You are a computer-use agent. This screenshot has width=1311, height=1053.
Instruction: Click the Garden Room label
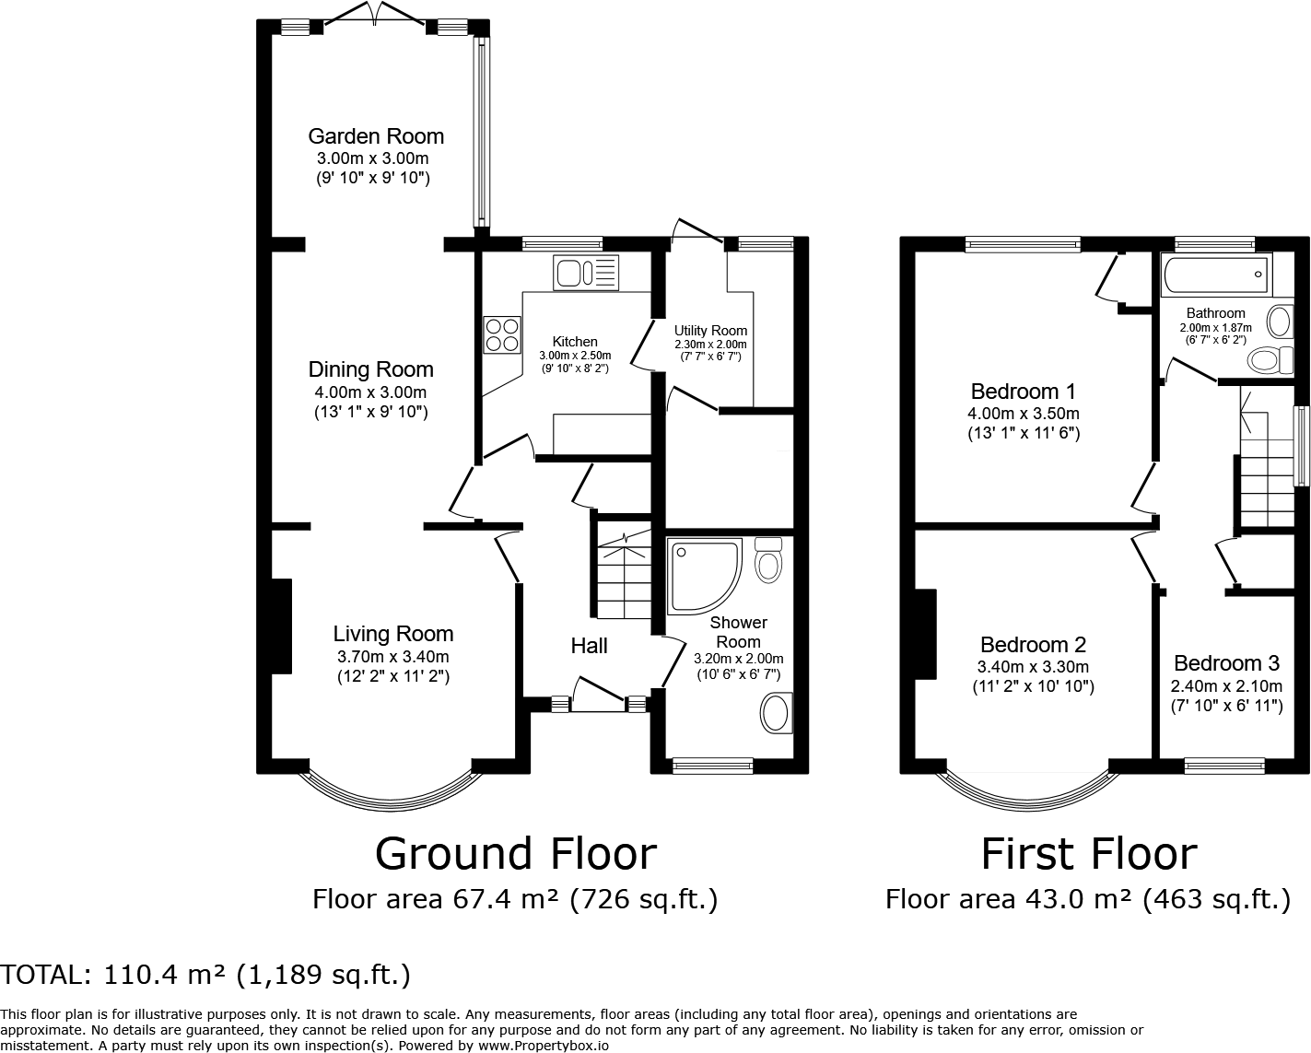point(376,136)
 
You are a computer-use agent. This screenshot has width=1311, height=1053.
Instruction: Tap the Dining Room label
point(371,369)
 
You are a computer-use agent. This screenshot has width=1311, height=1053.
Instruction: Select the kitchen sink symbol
point(586,273)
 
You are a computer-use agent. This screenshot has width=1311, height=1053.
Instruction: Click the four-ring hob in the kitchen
point(503,334)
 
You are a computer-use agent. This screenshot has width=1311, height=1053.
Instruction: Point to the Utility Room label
point(710,331)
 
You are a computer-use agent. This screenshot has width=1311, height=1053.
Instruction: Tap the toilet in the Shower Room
point(768,560)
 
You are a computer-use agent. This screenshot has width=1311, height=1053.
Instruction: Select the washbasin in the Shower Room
point(776,713)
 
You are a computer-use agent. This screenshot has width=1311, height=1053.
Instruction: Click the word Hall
point(589,645)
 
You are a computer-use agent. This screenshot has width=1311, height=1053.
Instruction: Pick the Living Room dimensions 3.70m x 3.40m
point(393,657)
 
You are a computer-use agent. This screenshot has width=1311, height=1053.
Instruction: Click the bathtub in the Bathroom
point(1217,275)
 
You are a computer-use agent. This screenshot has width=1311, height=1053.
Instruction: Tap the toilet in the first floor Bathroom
point(1270,360)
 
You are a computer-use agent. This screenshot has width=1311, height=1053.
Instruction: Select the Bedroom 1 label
point(1024,391)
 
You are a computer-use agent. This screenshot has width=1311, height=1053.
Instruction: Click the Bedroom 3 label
point(1227,663)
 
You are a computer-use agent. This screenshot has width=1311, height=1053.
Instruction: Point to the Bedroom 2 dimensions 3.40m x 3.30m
point(1033,667)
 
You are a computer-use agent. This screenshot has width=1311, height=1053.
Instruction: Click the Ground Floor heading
point(515,854)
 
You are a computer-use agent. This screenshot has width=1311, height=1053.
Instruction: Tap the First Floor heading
point(1089,854)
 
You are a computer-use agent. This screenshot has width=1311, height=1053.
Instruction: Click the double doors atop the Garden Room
point(375,14)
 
